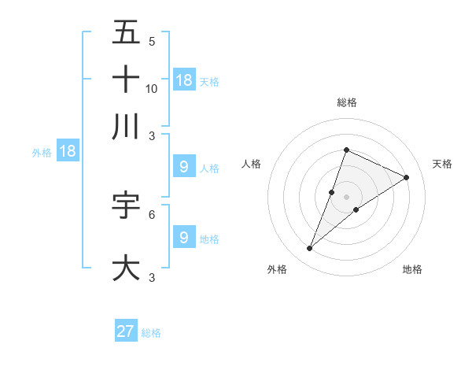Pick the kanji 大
click(x=127, y=267)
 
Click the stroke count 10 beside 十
click(x=152, y=88)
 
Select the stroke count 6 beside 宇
click(x=152, y=213)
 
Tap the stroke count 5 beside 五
click(x=152, y=41)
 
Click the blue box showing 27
click(x=126, y=331)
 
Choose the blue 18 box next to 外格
click(x=68, y=151)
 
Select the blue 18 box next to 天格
click(x=184, y=80)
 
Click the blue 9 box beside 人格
click(x=184, y=167)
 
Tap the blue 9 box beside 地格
click(x=184, y=238)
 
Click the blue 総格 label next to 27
click(x=151, y=333)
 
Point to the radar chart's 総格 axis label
click(x=346, y=102)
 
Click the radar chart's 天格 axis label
click(x=442, y=164)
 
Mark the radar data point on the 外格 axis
click(x=310, y=249)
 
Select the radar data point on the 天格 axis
click(x=407, y=178)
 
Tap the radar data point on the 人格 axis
click(x=332, y=192)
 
